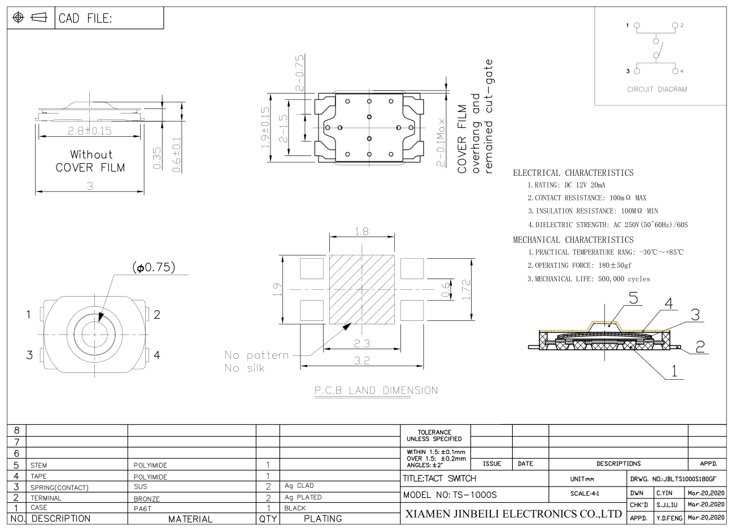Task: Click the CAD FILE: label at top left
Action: [x=85, y=18]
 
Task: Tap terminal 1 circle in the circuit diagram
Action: [x=637, y=25]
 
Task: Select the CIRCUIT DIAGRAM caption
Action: [x=657, y=89]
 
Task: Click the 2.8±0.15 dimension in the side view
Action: [x=90, y=131]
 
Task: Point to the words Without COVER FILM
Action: [x=90, y=161]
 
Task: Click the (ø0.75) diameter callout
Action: [x=154, y=267]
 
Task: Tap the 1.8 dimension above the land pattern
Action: [x=361, y=232]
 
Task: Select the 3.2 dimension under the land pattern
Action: [x=361, y=360]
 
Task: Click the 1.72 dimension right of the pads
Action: [x=467, y=290]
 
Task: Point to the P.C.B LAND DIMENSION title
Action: [x=376, y=390]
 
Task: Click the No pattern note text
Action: [x=256, y=355]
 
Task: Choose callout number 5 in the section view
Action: [x=633, y=298]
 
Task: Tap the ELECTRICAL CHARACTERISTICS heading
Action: [x=573, y=173]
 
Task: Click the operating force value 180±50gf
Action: [x=615, y=265]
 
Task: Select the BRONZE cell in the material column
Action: [x=147, y=499]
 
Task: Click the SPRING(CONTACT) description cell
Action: [x=59, y=488]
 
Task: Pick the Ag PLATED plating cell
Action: [x=303, y=497]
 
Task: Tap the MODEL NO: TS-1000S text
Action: [x=450, y=495]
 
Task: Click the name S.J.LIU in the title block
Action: [x=667, y=505]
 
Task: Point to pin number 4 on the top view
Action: [x=157, y=355]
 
